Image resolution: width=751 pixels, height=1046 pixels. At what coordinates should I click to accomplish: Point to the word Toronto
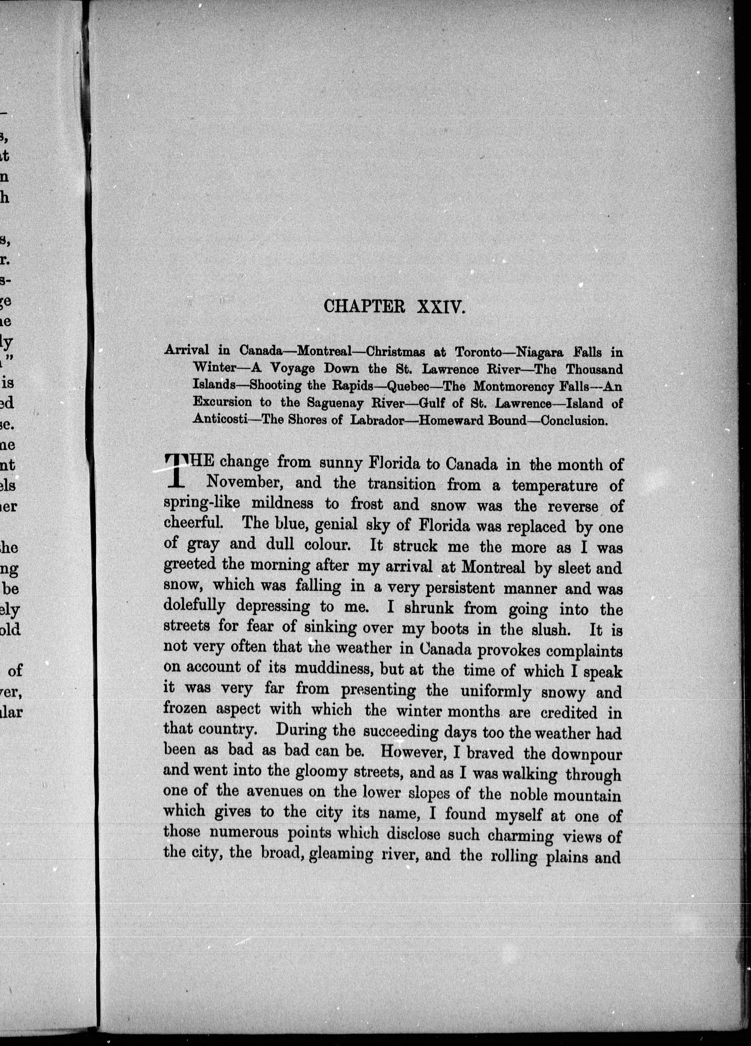479,352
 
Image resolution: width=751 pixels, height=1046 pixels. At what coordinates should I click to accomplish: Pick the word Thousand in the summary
594,369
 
